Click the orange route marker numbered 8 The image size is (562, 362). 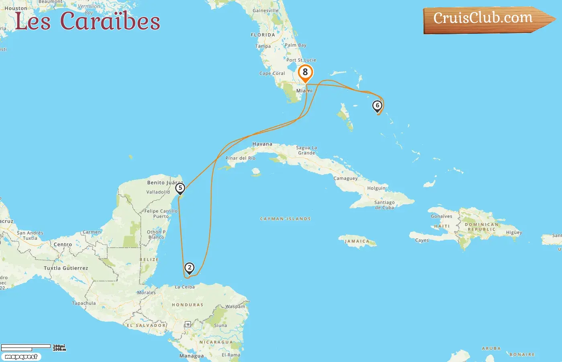coord(305,72)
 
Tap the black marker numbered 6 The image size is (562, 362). coord(377,106)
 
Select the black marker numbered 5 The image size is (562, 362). coord(180,188)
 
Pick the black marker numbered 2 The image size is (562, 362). coord(189,268)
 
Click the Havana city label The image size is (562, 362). coord(262,144)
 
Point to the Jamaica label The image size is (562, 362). coord(357,241)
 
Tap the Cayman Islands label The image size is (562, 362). coord(285,219)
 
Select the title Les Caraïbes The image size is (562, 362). coord(87,21)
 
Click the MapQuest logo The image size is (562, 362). coord(21,357)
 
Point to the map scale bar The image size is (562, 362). coord(26,347)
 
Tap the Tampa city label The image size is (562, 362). coord(263,46)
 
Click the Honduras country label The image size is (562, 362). coord(187,305)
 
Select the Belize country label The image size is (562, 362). coord(149,260)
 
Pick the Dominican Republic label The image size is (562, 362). coord(481,227)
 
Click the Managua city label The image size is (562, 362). coord(191,356)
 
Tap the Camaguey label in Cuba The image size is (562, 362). coord(345,178)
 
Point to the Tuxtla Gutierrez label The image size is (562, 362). coord(66,268)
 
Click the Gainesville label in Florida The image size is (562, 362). coord(265,10)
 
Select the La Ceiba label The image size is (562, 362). coord(185,287)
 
